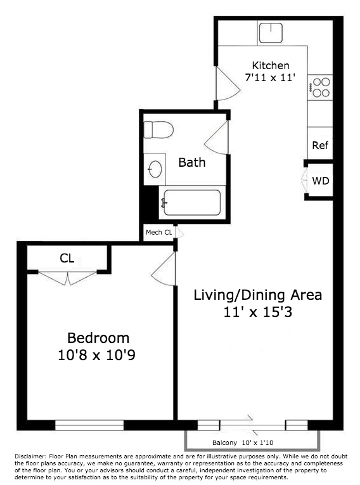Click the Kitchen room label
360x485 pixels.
(271, 65)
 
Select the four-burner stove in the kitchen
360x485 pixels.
(321, 87)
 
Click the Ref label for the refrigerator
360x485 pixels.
(321, 145)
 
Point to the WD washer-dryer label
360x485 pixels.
(321, 181)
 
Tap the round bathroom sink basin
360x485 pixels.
(155, 169)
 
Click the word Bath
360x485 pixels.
(191, 162)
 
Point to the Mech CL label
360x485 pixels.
(159, 232)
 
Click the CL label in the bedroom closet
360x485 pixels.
(67, 258)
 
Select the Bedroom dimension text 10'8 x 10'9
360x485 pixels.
(98, 356)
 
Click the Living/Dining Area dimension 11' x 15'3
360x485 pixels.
(257, 312)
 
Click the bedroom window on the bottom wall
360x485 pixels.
(89, 424)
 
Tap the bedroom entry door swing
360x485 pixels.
(165, 266)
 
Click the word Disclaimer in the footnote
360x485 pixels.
(30, 456)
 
